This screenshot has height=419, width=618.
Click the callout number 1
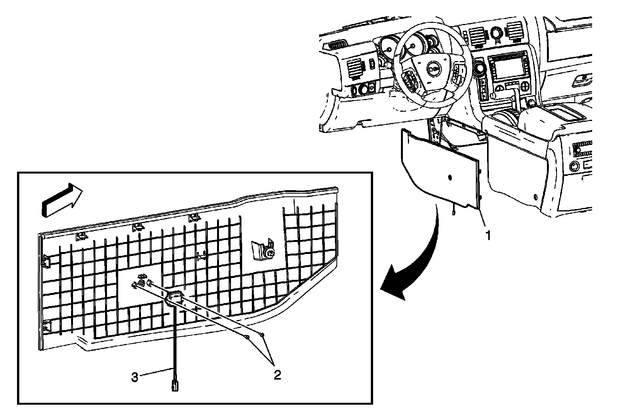click(x=488, y=235)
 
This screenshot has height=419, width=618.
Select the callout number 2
click(x=277, y=374)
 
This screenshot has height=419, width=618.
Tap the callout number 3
click(x=134, y=377)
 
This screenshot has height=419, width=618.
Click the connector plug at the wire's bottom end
click(x=175, y=385)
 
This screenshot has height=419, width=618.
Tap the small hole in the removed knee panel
click(x=450, y=177)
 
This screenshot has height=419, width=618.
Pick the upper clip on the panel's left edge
click(x=46, y=261)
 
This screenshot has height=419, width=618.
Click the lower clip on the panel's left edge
click(x=46, y=326)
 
